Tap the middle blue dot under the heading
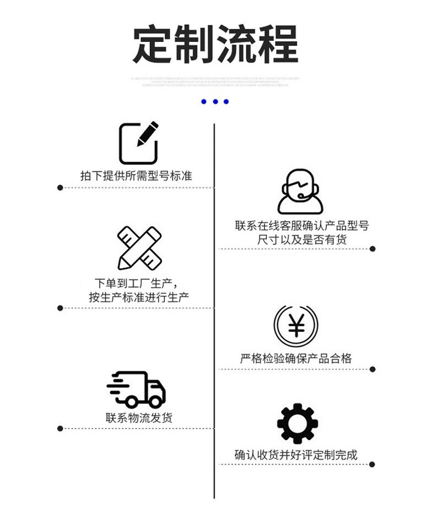[214, 102]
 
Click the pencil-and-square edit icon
[138, 142]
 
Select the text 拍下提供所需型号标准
[136, 176]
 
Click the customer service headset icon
[299, 191]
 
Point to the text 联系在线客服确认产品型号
[302, 226]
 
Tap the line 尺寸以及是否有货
[302, 240]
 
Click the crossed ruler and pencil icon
[139, 247]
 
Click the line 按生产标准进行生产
[139, 297]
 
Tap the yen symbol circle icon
[296, 327]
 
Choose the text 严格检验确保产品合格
[295, 358]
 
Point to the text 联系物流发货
[139, 418]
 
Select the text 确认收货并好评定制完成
[296, 455]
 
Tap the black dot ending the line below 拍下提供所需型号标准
[60, 188]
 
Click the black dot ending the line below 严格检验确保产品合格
[373, 369]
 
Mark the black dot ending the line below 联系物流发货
[60, 428]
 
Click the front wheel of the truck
[155, 401]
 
